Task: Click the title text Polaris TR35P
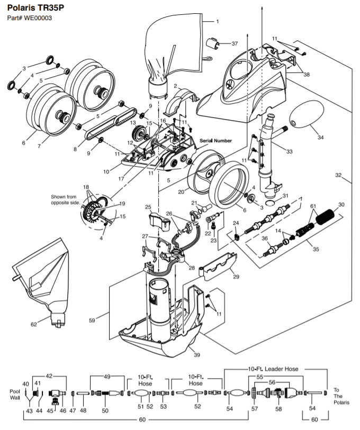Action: [35, 8]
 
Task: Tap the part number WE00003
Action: [38, 19]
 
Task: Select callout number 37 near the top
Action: [235, 43]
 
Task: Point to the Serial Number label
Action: [215, 141]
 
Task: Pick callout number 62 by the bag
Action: [33, 324]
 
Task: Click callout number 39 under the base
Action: [197, 355]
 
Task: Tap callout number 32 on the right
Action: [338, 175]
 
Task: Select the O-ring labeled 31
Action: [271, 203]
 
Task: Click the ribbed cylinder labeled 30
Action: [325, 217]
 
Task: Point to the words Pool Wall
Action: [15, 395]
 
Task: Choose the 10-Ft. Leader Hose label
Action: [273, 369]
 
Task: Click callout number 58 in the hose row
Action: [278, 409]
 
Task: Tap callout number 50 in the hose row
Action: [105, 410]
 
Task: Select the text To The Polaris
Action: [341, 396]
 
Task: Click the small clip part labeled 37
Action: [213, 43]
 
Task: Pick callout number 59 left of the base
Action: [92, 320]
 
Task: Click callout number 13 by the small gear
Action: [133, 123]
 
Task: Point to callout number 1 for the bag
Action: [218, 21]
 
